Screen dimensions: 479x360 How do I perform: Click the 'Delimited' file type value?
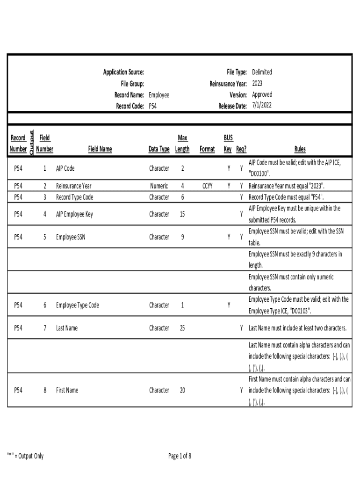click(x=262, y=72)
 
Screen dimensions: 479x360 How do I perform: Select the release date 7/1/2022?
click(x=261, y=106)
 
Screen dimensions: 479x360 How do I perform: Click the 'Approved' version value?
click(x=262, y=94)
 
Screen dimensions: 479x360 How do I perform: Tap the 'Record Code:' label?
click(x=130, y=106)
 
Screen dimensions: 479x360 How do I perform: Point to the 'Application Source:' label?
click(x=123, y=72)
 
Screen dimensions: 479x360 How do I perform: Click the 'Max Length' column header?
click(x=182, y=144)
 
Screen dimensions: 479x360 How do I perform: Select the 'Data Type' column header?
click(x=159, y=149)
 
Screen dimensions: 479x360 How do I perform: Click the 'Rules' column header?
click(x=300, y=149)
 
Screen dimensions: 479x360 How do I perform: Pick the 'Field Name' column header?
click(x=100, y=149)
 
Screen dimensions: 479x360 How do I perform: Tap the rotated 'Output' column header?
click(x=31, y=143)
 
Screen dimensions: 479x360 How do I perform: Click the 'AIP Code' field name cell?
click(x=65, y=168)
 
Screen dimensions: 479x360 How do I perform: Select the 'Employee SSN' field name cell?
click(x=71, y=237)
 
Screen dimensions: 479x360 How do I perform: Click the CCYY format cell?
click(x=208, y=186)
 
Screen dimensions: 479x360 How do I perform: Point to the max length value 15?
click(x=182, y=214)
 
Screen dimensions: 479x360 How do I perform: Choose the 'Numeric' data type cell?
click(x=159, y=186)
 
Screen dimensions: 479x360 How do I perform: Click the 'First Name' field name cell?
click(x=67, y=390)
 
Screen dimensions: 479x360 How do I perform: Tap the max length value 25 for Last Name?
click(x=182, y=328)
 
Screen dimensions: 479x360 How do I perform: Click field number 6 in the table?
click(x=45, y=305)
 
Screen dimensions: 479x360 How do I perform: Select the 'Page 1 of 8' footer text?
click(x=180, y=456)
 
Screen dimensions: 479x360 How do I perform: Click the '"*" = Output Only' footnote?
click(x=25, y=456)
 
